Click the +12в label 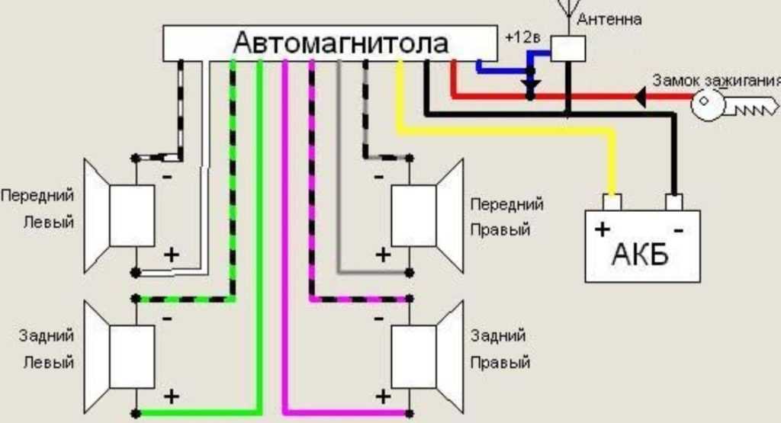[x=522, y=37]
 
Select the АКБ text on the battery [x=641, y=254]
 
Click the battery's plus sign [x=603, y=229]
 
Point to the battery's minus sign [x=677, y=230]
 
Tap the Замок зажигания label [x=716, y=81]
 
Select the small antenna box [x=568, y=49]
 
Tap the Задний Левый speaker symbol [x=122, y=357]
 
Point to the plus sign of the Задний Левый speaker [x=172, y=396]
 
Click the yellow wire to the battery [x=503, y=131]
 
